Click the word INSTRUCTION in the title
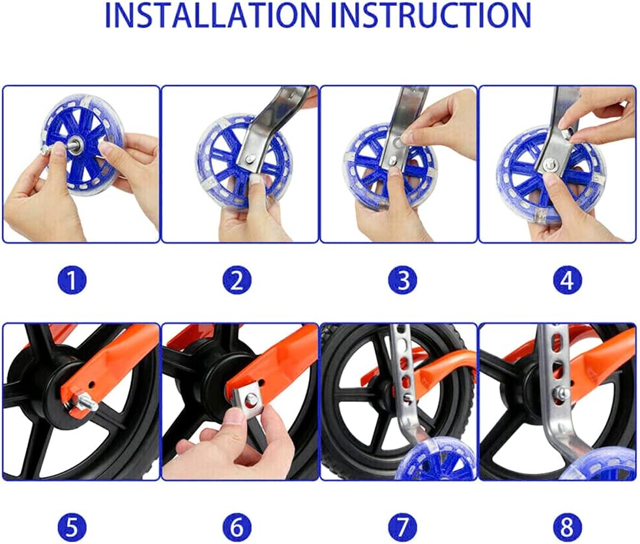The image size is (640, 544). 431,16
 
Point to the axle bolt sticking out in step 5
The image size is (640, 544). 85,402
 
